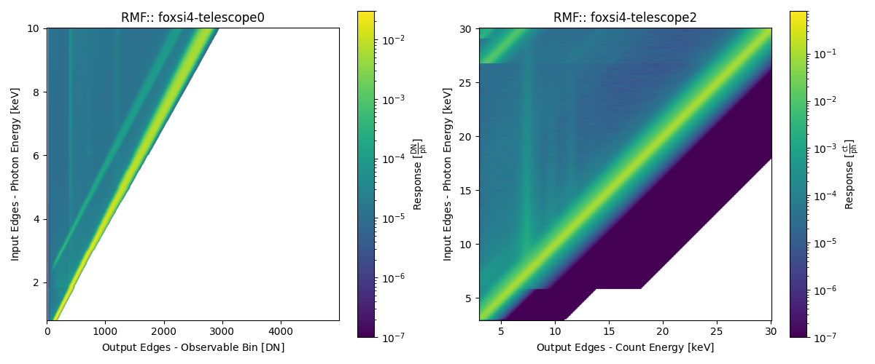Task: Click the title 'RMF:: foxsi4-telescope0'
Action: click(x=192, y=17)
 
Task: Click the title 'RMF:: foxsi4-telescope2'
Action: click(x=625, y=17)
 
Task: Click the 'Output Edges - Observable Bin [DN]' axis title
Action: click(x=192, y=347)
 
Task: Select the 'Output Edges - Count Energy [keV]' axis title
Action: click(x=625, y=347)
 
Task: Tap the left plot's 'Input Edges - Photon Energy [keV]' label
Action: click(x=15, y=174)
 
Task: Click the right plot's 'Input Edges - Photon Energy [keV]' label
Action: click(x=447, y=174)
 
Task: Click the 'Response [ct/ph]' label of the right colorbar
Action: click(x=849, y=174)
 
